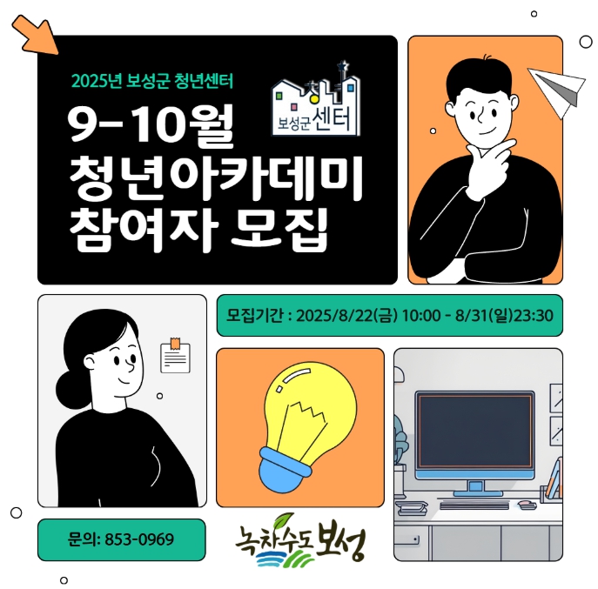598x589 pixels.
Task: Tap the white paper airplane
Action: (558, 90)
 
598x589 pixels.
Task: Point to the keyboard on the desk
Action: (474, 505)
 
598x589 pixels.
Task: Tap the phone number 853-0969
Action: (139, 539)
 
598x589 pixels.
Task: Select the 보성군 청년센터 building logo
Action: (316, 100)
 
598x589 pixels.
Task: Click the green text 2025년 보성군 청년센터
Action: (151, 81)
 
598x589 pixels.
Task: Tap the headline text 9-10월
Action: (151, 126)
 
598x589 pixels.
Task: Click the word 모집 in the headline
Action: (279, 230)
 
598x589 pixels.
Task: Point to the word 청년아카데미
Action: (216, 177)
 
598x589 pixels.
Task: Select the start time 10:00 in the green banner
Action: (421, 316)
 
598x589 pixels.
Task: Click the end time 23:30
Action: (534, 316)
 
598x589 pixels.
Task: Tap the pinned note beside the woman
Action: (175, 356)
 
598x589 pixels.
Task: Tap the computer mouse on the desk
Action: (527, 505)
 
